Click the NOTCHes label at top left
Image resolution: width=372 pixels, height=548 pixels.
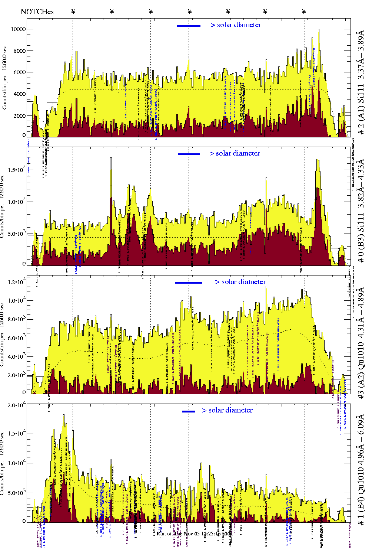point(37,12)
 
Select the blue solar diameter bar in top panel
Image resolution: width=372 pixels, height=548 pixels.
point(189,26)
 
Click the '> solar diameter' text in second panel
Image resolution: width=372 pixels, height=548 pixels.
point(235,153)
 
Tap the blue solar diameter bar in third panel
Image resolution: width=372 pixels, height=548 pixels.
point(189,283)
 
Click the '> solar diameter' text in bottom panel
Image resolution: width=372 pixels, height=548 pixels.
point(227,410)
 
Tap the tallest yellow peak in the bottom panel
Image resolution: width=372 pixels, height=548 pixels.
point(64,416)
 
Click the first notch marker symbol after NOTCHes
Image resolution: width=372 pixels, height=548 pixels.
point(73,12)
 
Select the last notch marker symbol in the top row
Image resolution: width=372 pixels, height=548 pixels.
point(304,12)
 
